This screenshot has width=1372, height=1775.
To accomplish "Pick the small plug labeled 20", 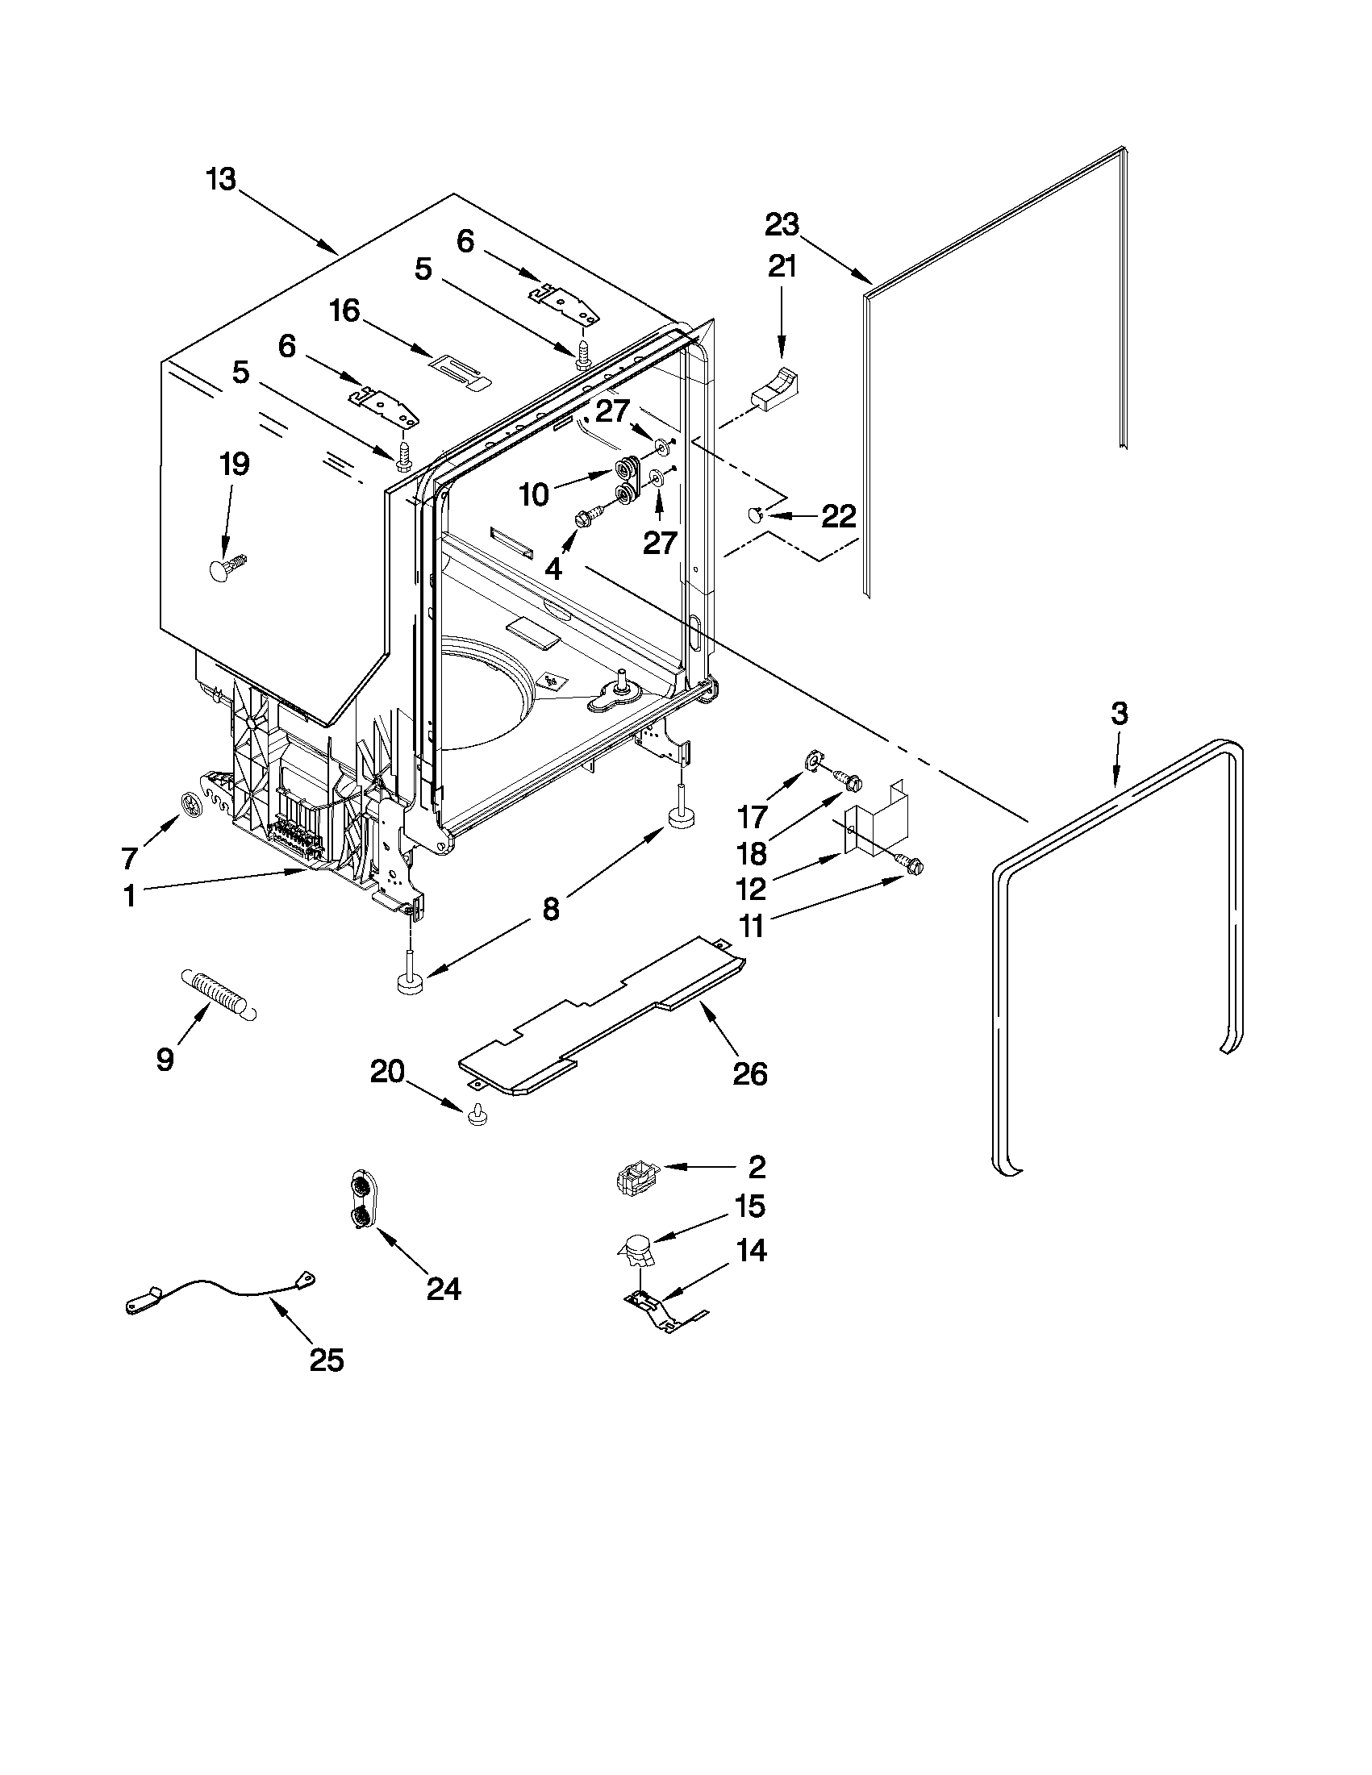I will pos(477,1116).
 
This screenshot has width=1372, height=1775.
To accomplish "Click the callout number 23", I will pos(782,224).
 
